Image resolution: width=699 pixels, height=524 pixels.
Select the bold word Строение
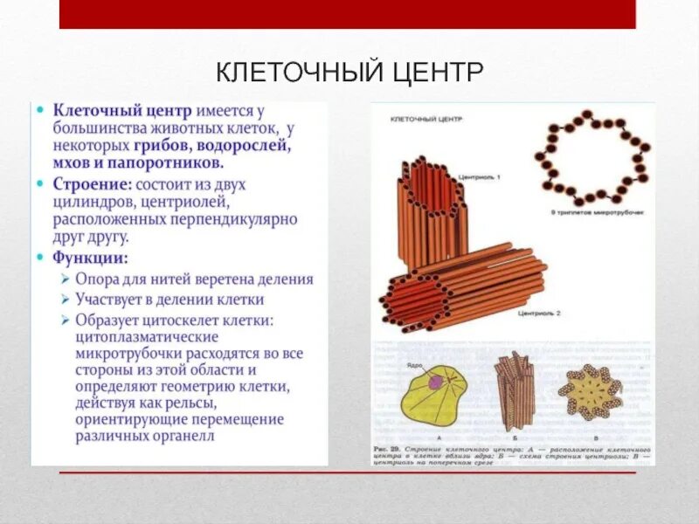coord(92,185)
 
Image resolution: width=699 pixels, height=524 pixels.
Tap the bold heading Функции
coord(90,258)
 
